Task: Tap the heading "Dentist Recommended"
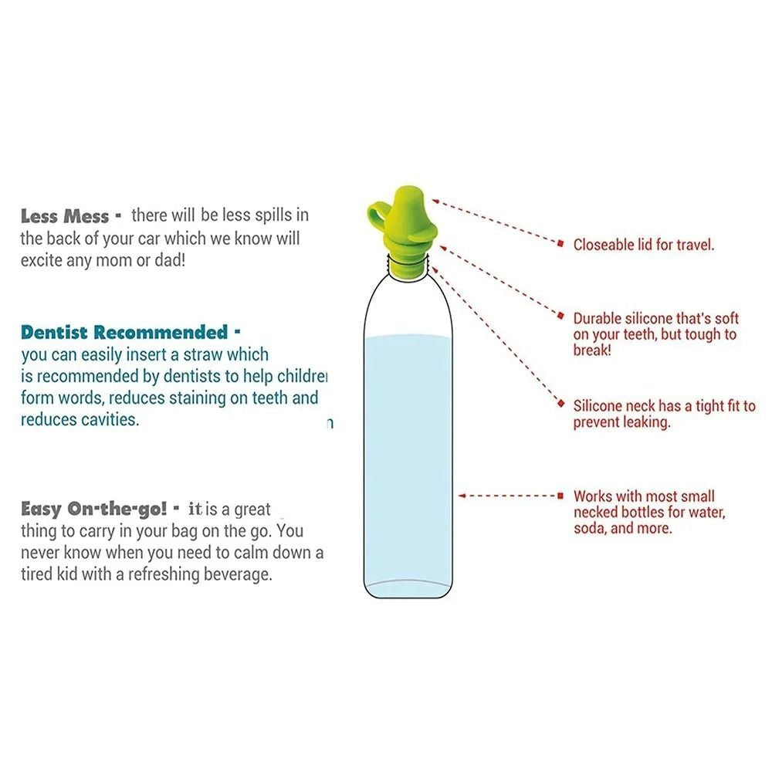pos(124,333)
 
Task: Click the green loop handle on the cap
pos(379,214)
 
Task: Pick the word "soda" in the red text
pos(591,529)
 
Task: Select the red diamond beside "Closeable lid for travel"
pos(561,244)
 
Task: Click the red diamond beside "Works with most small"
pos(561,496)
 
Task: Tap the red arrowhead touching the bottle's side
pos(462,496)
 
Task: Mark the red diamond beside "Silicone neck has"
pos(561,403)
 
